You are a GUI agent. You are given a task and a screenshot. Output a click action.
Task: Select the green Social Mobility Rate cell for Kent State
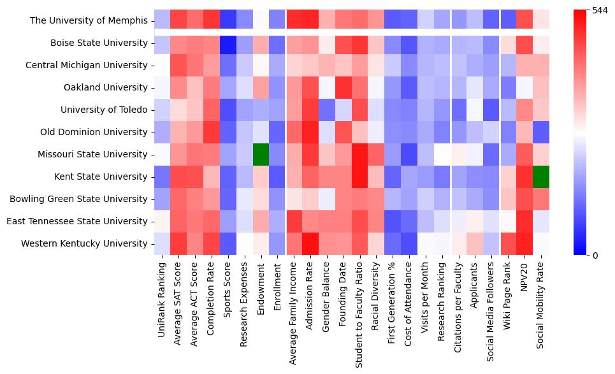point(540,176)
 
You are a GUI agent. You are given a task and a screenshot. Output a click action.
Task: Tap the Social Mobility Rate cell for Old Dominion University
point(540,132)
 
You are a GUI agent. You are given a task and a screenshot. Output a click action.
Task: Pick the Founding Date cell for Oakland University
point(343,88)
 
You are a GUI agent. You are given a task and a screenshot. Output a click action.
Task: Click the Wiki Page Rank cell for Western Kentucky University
point(508,243)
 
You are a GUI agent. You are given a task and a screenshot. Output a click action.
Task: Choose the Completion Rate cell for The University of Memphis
point(211,21)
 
